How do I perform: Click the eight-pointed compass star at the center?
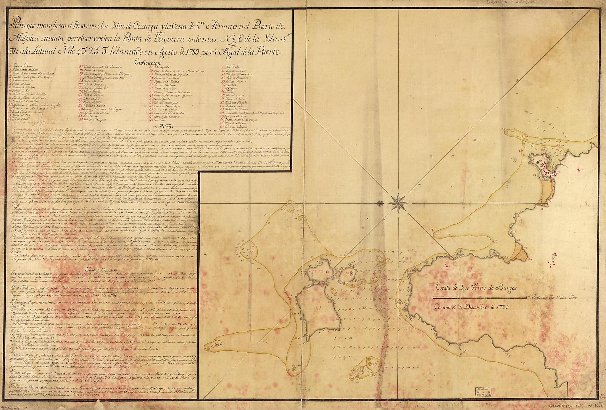pyautogui.click(x=398, y=203)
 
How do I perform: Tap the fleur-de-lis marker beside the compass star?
pyautogui.click(x=381, y=203)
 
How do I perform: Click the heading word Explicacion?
pyautogui.click(x=147, y=63)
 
